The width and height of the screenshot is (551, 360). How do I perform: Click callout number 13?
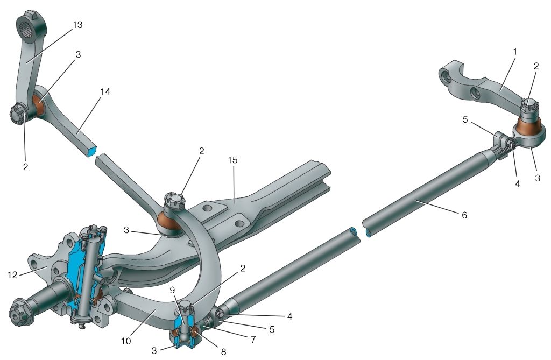(77, 25)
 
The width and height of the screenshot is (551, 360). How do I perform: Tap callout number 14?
(105, 92)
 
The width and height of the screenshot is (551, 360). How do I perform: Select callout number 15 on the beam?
(232, 160)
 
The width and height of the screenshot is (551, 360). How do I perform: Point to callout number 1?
(515, 52)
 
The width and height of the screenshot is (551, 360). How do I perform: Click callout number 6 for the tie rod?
(464, 215)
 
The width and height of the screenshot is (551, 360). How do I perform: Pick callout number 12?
(12, 275)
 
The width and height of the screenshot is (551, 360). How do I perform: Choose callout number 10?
(126, 341)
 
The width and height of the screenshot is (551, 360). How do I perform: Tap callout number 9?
(172, 290)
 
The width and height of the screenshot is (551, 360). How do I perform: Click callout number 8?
(223, 351)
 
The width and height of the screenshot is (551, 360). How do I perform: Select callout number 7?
(253, 339)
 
